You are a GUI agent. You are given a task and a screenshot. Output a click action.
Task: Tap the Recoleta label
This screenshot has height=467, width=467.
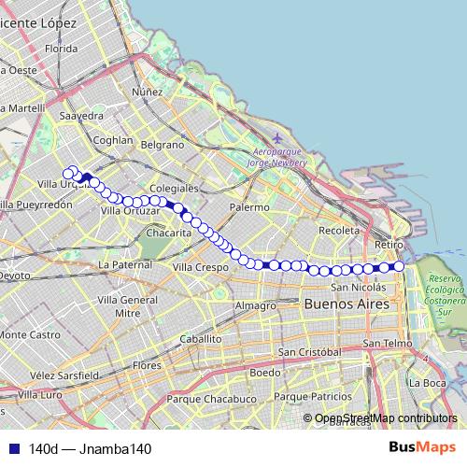(338, 230)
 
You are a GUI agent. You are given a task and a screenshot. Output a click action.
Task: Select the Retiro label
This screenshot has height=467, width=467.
(387, 244)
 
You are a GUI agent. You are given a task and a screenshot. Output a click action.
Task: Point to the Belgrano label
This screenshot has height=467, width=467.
(163, 145)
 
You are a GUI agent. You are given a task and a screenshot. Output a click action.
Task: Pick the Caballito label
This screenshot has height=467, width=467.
(201, 338)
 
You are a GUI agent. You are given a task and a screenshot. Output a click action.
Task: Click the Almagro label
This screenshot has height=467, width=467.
(256, 305)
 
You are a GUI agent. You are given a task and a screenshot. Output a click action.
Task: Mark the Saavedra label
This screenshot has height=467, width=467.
(81, 115)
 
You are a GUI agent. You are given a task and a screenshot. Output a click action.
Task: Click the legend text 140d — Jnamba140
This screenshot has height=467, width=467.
(90, 449)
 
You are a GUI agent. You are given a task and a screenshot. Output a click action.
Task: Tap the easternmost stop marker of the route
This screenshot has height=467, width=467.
(399, 267)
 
